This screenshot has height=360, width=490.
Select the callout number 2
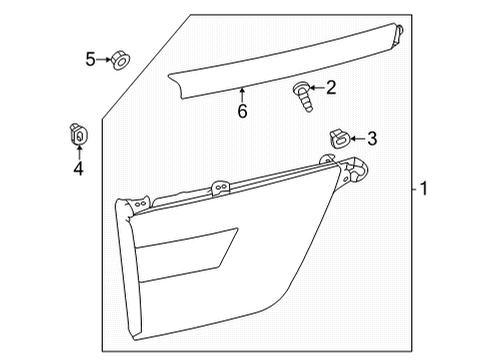pyautogui.click(x=331, y=89)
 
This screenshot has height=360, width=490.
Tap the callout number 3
pyautogui.click(x=371, y=138)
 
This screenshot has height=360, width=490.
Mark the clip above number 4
pyautogui.click(x=78, y=130)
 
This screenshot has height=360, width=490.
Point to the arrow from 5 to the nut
pyautogui.click(x=104, y=61)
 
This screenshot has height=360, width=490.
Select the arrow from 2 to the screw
pyautogui.click(x=317, y=90)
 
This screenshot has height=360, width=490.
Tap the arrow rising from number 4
pyautogui.click(x=78, y=151)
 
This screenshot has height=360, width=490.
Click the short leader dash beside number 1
pyautogui.click(x=412, y=189)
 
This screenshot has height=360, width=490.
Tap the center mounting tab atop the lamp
pyautogui.click(x=221, y=185)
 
